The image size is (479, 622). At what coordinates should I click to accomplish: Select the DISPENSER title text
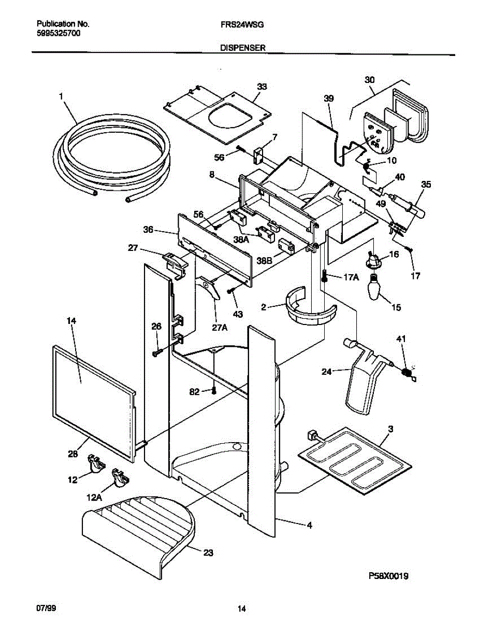243,47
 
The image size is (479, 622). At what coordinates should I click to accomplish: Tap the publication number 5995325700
59,32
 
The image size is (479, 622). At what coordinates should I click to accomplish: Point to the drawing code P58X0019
388,576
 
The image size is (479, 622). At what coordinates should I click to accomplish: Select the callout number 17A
351,277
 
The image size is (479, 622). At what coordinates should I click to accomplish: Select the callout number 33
262,87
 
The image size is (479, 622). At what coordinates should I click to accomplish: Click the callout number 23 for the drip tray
208,553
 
